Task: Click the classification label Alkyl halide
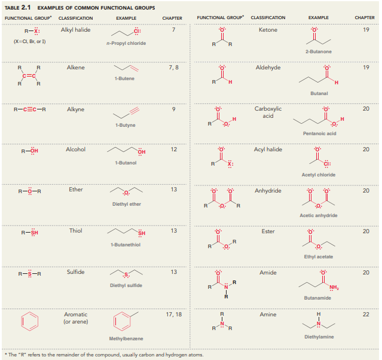[75, 30]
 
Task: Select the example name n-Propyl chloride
[126, 44]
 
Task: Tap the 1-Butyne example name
[126, 125]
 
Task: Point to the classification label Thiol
[75, 231]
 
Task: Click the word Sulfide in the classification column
[75, 272]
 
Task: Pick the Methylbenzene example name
[126, 338]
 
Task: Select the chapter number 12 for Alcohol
[173, 149]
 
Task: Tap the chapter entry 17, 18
[173, 314]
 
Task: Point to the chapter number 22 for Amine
[366, 314]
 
